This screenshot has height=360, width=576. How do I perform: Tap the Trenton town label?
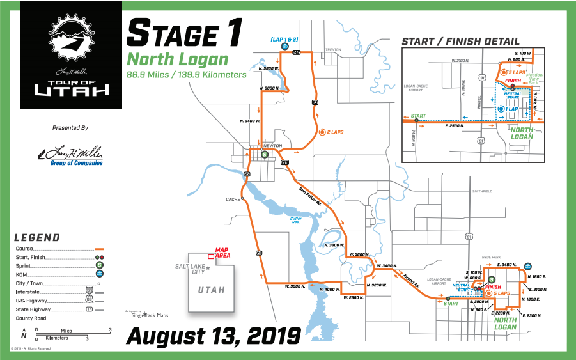tap(334, 49)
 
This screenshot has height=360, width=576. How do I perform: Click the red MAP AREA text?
tap(222, 253)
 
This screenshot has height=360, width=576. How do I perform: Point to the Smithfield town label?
tap(482, 191)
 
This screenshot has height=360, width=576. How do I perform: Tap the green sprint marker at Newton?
tap(265, 153)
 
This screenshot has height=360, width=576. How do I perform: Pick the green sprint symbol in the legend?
tap(100, 265)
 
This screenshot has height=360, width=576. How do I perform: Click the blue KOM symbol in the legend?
tap(100, 273)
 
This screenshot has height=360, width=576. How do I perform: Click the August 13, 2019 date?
tap(213, 334)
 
